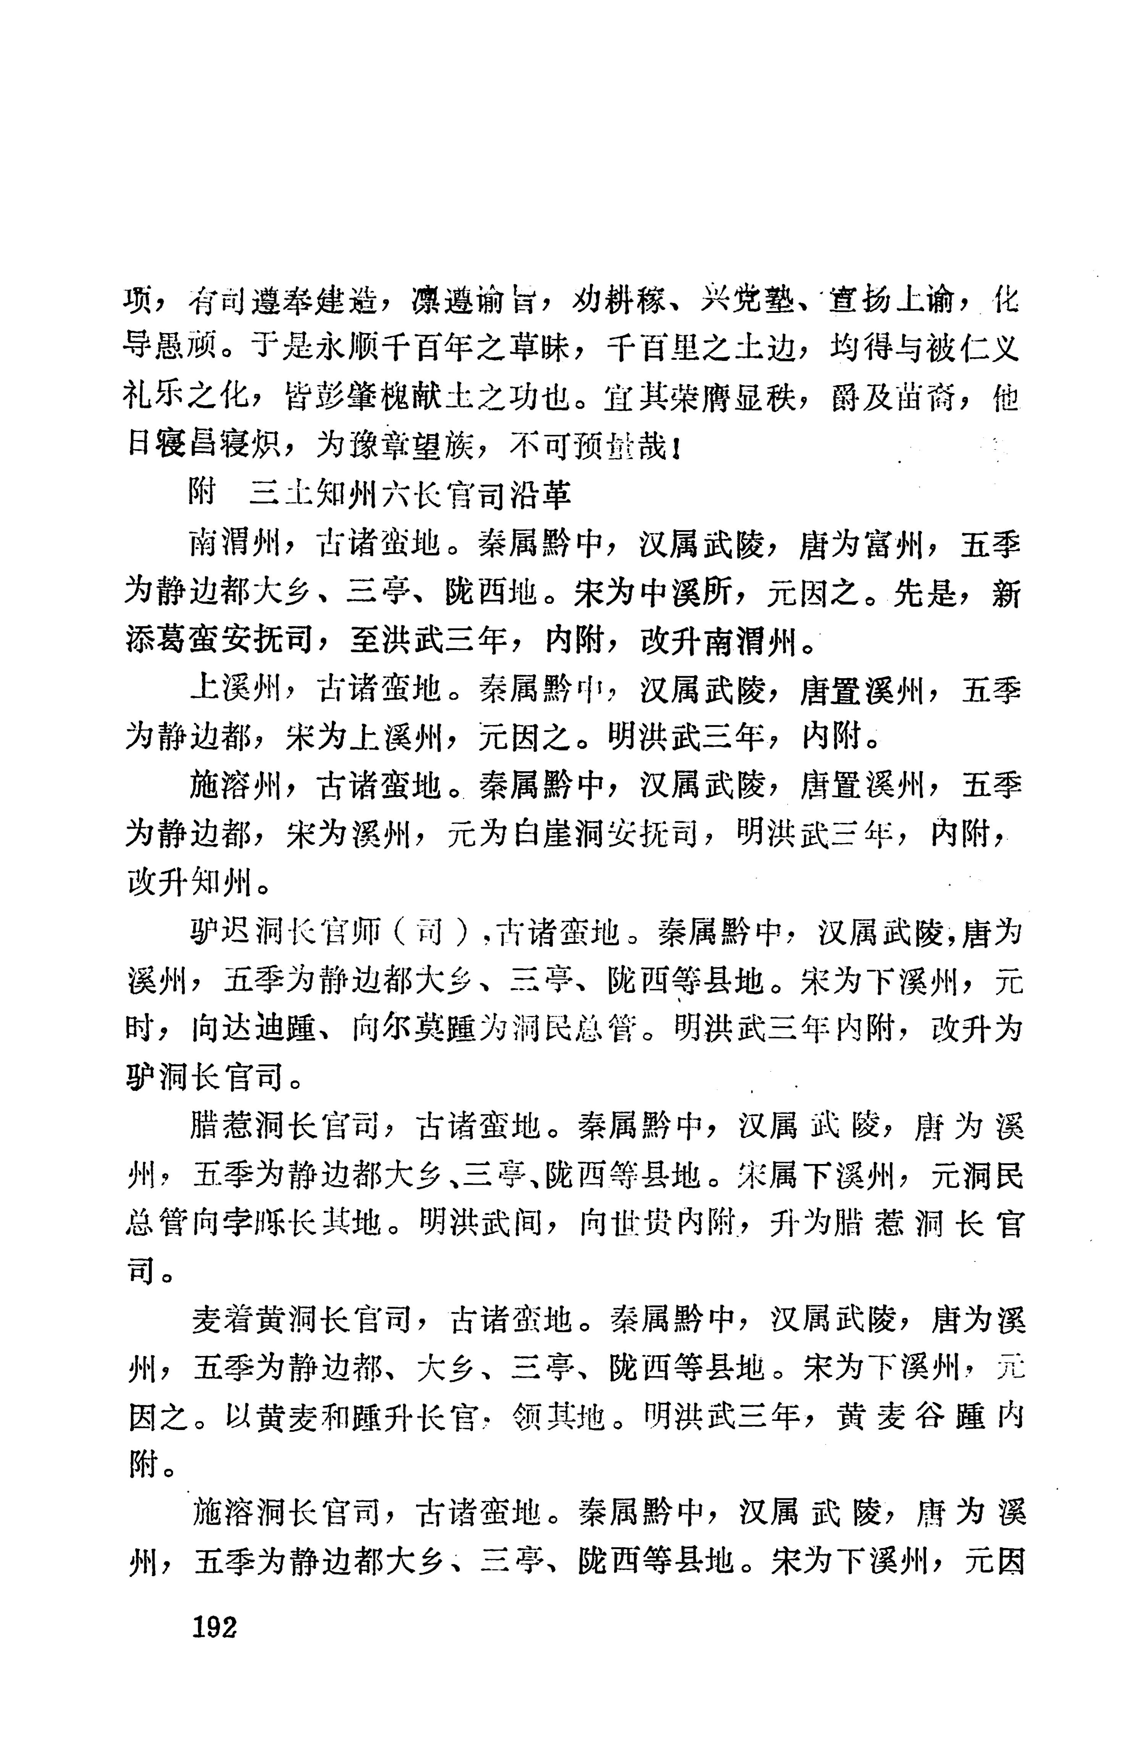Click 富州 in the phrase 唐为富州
click(896, 545)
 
